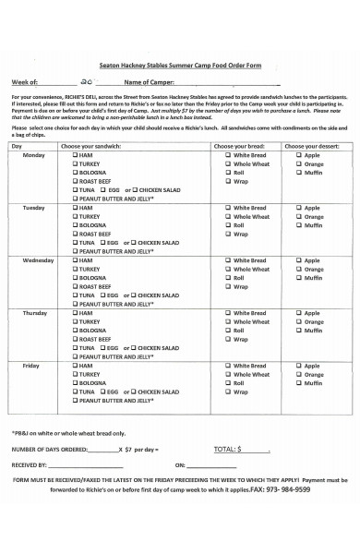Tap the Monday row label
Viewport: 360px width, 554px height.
point(32,156)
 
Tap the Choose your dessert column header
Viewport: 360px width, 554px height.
point(312,147)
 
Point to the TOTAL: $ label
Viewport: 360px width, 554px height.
point(226,449)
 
